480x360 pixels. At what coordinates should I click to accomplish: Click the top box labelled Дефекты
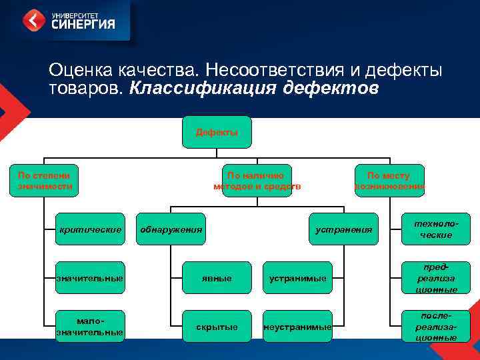tap(217, 132)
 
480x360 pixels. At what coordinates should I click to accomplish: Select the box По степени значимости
tap(45, 181)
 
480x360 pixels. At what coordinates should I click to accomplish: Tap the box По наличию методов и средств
tap(257, 181)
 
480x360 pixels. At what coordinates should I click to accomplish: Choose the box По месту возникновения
tap(389, 181)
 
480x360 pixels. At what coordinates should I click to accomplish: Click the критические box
tap(90, 230)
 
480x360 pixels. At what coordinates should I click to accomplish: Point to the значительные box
tap(90, 277)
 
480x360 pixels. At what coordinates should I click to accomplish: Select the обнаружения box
tap(171, 230)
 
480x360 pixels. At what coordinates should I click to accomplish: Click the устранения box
tap(344, 230)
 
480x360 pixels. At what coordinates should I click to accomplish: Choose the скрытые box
tap(217, 326)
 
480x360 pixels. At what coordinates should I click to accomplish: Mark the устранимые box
tap(297, 277)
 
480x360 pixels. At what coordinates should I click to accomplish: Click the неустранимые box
tap(297, 326)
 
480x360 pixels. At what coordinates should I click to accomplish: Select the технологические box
tap(437, 229)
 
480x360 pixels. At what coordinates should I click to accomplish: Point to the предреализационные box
tap(437, 277)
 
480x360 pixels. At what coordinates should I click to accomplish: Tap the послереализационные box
tap(437, 326)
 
